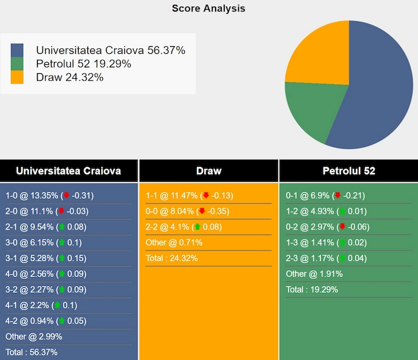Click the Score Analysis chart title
coord(208,8)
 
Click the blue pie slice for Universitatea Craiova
coord(376,91)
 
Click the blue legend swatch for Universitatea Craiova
coord(17,50)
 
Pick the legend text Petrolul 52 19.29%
coord(83,64)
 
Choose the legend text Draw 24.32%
coord(70,77)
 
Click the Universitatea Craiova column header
coord(68,171)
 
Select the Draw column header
coord(208,171)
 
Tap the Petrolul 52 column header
coord(348,171)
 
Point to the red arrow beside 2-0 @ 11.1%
coord(61,212)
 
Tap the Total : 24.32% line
coord(171,258)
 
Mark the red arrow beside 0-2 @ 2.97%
coord(342,227)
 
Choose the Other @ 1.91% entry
coord(314,274)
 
